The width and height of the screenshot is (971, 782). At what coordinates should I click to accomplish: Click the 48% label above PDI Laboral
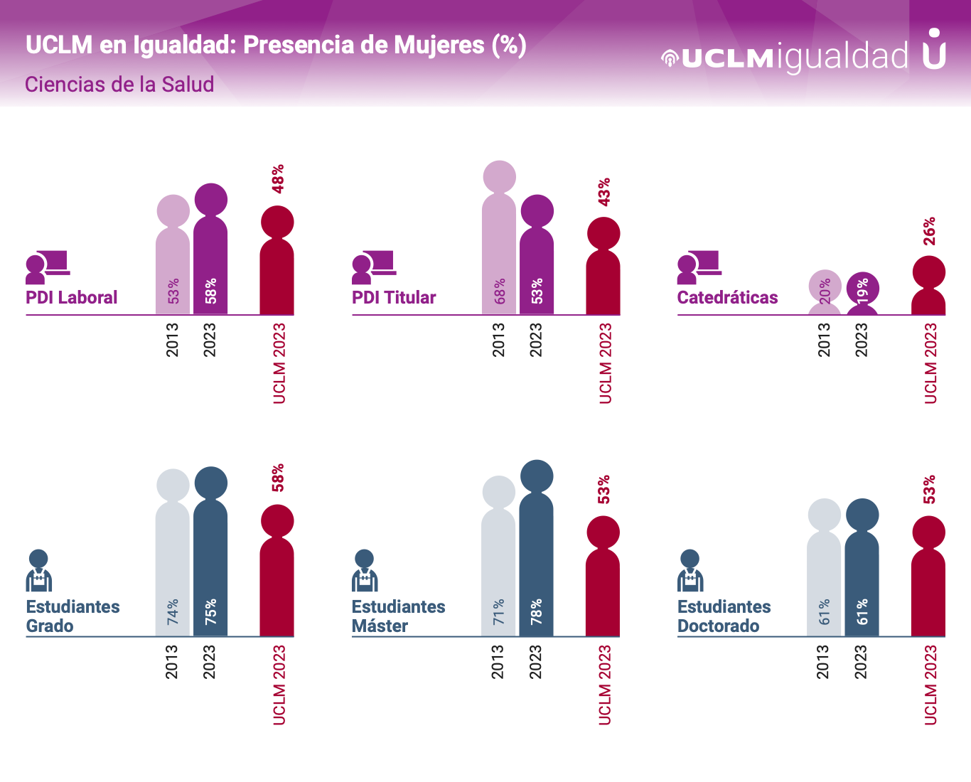278,178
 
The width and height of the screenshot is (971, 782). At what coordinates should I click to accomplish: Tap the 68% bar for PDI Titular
499,249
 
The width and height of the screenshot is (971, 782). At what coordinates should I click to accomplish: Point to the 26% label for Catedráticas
929,231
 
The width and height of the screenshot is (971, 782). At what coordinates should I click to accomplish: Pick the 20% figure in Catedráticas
825,291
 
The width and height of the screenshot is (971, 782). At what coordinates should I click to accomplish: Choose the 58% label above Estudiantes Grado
278,478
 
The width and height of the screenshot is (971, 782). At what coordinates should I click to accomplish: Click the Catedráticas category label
727,298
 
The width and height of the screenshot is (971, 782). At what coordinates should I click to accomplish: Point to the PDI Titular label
394,298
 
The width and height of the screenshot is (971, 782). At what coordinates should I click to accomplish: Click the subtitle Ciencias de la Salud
119,85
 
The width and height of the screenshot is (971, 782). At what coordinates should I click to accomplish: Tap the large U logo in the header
935,49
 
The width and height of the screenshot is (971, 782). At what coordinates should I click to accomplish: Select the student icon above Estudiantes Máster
365,571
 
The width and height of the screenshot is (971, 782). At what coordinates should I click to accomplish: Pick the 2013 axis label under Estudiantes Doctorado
823,662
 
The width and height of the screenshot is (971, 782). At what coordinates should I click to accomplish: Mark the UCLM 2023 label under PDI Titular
605,363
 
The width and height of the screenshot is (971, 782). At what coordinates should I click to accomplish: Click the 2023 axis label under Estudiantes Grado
209,662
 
